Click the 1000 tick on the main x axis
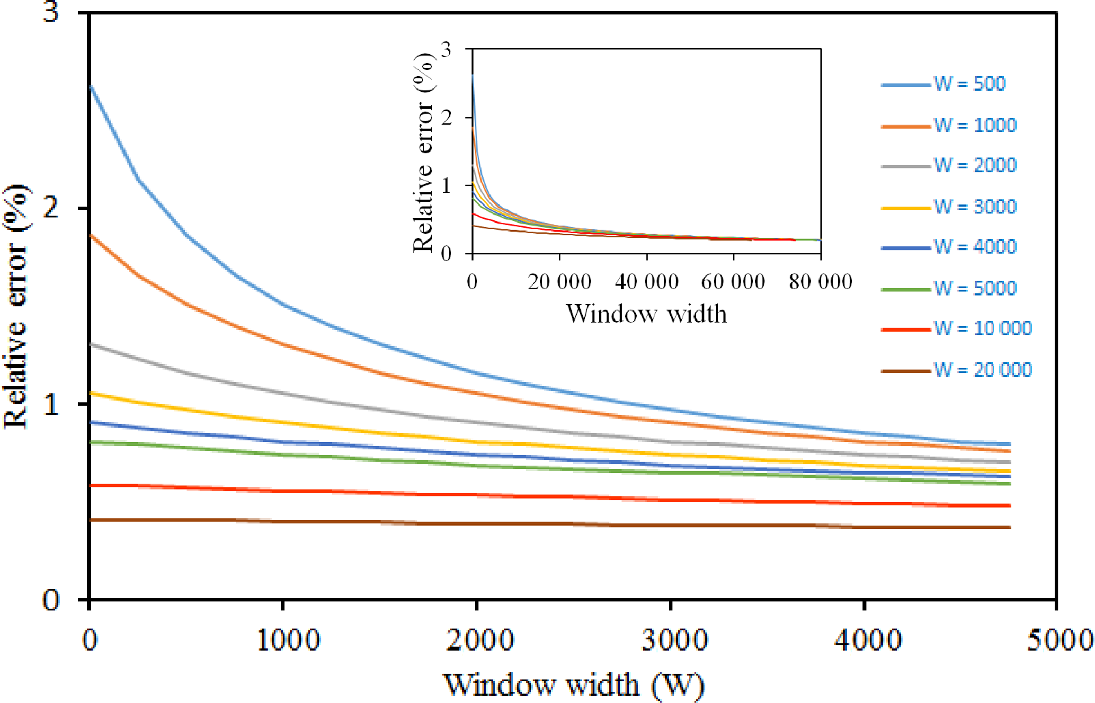[x=288, y=640]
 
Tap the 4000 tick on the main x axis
[x=868, y=640]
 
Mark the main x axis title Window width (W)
[x=573, y=684]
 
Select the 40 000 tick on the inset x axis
[x=646, y=282]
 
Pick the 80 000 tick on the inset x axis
[x=821, y=282]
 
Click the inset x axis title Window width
[x=646, y=314]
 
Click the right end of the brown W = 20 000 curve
[x=1010, y=527]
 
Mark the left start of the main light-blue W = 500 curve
[x=91, y=86]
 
